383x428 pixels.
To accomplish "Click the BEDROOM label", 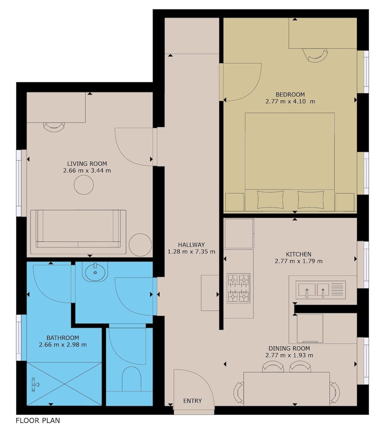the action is [290, 95].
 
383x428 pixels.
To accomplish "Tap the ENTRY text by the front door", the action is [193, 401].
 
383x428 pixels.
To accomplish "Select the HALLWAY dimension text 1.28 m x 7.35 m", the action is [191, 252].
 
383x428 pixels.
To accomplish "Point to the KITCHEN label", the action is [299, 254].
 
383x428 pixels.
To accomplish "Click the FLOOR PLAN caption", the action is [38, 420].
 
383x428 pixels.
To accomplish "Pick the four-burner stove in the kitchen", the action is [238, 288].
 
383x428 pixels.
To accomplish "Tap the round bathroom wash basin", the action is [95, 272].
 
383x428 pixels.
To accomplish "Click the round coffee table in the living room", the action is [84, 185].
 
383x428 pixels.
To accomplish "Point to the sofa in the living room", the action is [78, 232].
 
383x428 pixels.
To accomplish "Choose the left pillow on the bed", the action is [270, 199].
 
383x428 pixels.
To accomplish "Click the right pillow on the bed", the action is [311, 199].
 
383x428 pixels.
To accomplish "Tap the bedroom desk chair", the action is [315, 56].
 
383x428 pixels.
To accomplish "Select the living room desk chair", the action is [55, 127].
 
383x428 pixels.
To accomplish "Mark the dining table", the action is [287, 389].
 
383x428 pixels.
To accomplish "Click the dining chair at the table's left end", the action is [239, 392].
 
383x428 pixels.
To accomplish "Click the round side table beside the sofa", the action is [140, 244].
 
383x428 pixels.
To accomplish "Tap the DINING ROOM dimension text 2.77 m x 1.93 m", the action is [289, 355].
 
